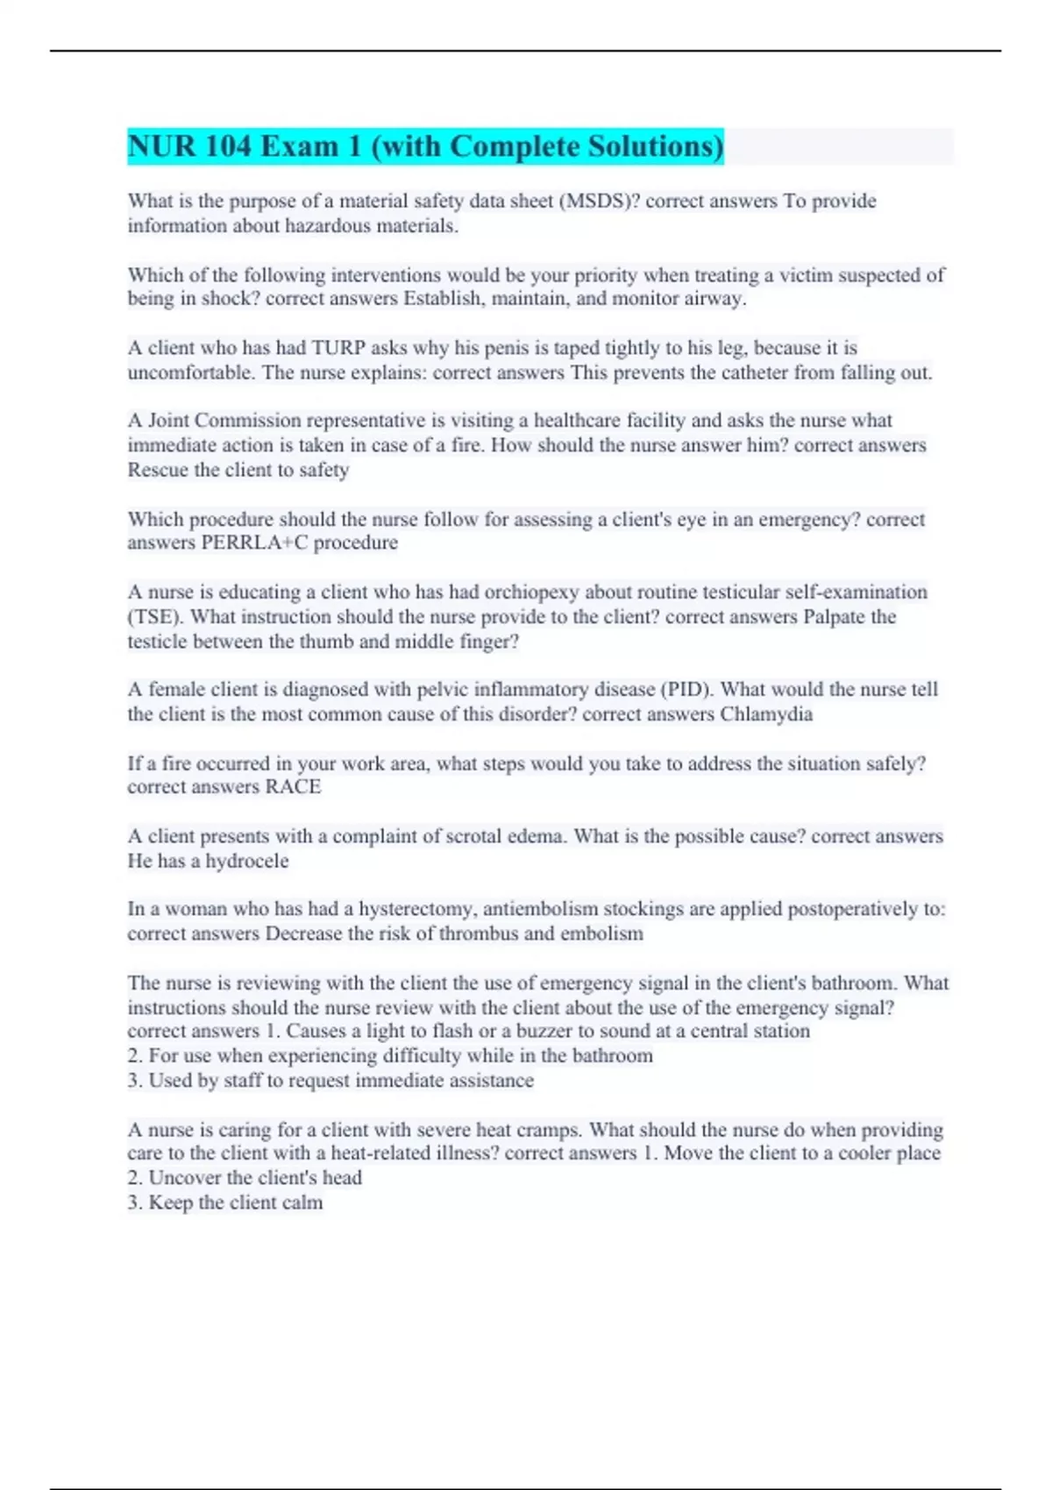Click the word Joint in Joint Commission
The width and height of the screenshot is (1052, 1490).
[x=168, y=421]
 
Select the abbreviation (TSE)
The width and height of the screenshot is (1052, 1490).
[x=155, y=616]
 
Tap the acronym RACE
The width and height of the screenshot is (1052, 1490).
[x=293, y=787]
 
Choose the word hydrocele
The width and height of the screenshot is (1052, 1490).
[x=246, y=861]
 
